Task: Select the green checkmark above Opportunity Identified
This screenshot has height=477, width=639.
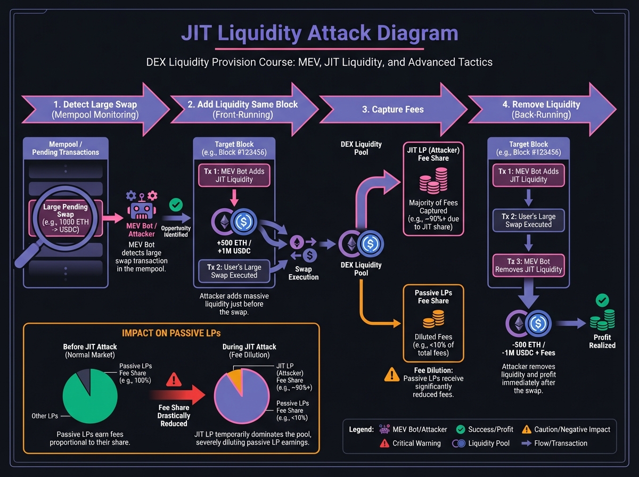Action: pyautogui.click(x=175, y=204)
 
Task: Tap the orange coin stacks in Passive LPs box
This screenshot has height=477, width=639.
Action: pyautogui.click(x=433, y=319)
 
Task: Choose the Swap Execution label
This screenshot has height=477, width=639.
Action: pyautogui.click(x=304, y=273)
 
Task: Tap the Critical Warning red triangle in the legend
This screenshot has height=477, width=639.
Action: pyautogui.click(x=384, y=443)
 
